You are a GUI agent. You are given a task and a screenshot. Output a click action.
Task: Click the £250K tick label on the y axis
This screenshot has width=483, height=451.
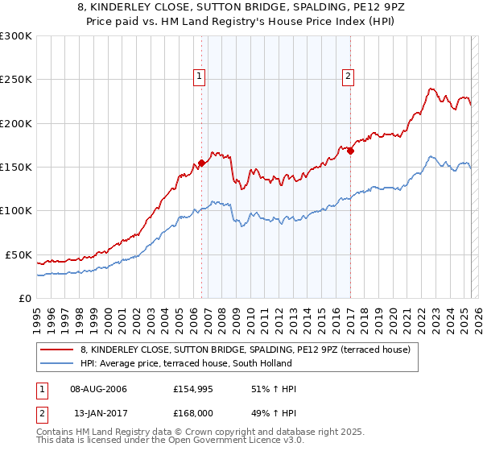click(x=15, y=80)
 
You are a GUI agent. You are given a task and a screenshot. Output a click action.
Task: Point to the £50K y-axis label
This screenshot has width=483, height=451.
click(x=19, y=254)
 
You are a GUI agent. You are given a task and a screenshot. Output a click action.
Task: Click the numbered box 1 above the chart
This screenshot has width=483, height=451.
click(x=199, y=77)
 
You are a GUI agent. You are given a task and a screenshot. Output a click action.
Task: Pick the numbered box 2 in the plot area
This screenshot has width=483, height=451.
click(x=348, y=77)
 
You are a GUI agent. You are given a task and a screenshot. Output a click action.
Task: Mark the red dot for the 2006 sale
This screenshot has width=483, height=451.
click(x=201, y=163)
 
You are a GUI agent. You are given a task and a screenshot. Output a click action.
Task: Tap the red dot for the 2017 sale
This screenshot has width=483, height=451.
click(x=351, y=151)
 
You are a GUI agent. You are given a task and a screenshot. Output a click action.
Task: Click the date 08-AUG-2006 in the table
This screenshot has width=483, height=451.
click(x=99, y=389)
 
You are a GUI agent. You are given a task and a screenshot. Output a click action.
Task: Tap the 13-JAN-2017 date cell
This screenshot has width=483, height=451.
click(x=98, y=415)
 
